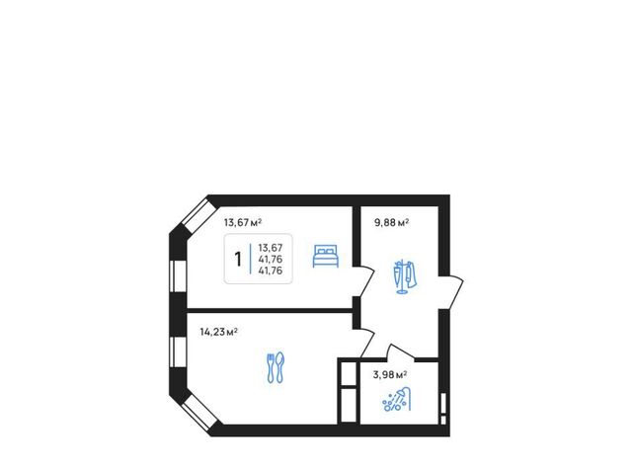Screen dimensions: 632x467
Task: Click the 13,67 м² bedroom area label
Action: [243, 222]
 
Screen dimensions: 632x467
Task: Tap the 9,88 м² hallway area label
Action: [392, 222]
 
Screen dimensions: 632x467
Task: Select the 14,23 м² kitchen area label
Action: [218, 332]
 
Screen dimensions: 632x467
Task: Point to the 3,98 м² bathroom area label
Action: [390, 375]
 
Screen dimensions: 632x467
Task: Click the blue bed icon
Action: [326, 256]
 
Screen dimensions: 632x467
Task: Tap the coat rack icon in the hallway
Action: [404, 277]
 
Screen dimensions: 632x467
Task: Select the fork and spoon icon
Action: [276, 367]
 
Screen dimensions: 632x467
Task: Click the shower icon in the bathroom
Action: [397, 399]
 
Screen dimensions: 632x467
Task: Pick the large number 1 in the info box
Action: [238, 259]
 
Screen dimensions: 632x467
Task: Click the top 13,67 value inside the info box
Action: [271, 248]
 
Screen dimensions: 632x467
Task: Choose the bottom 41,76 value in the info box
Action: [271, 271]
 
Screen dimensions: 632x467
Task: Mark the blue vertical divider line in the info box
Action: [250, 259]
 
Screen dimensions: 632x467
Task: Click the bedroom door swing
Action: [364, 280]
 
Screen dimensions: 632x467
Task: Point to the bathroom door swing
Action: [401, 351]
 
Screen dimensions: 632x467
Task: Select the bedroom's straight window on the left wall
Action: [178, 275]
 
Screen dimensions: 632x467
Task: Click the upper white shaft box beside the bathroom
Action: [349, 373]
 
